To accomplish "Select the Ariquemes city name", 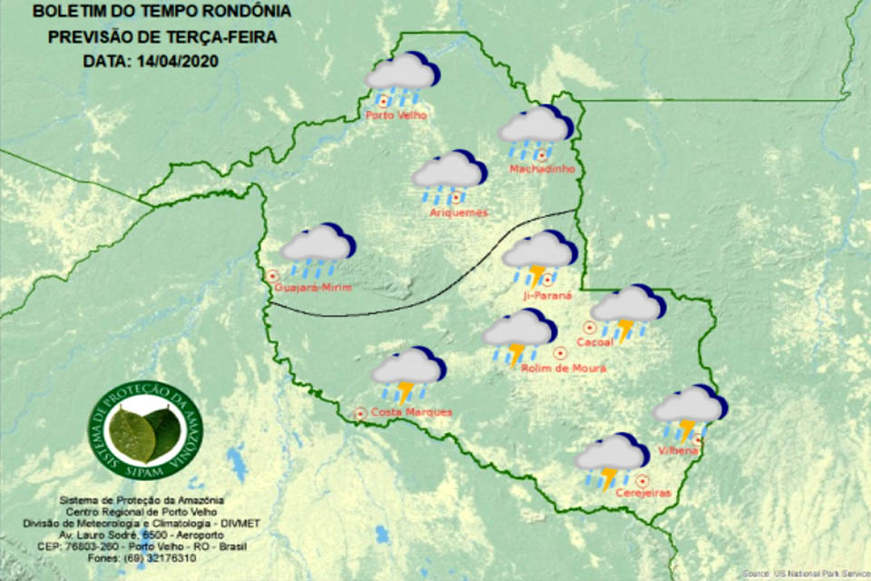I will click(x=458, y=212).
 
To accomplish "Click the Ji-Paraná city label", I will click(x=548, y=295).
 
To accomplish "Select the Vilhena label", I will click(x=679, y=450).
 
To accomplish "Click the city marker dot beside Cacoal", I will click(x=589, y=327).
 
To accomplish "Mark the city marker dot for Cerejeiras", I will click(x=642, y=480).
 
